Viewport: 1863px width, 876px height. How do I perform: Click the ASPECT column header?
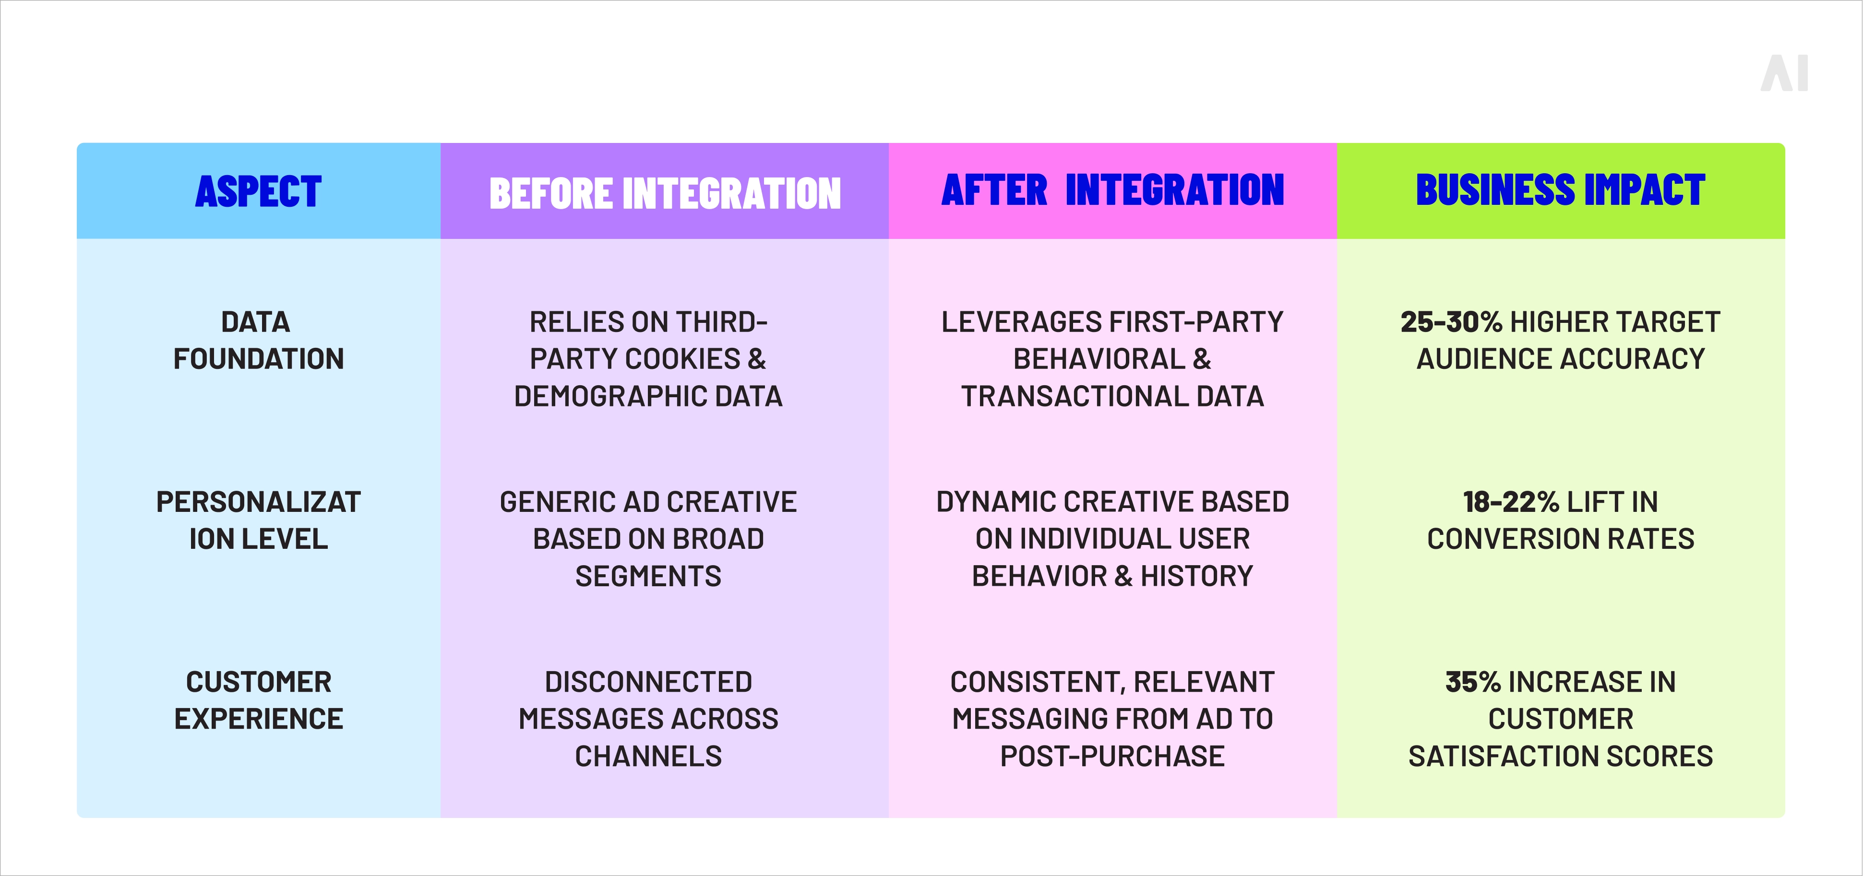(x=258, y=191)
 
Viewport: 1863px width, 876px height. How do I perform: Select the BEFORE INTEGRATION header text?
(x=665, y=194)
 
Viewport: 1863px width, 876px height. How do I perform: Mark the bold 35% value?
(x=1472, y=682)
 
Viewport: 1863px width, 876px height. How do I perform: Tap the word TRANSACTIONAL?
(x=1074, y=397)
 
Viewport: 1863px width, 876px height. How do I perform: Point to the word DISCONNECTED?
(x=648, y=682)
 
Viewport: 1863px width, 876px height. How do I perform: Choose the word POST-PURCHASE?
(x=1112, y=757)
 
